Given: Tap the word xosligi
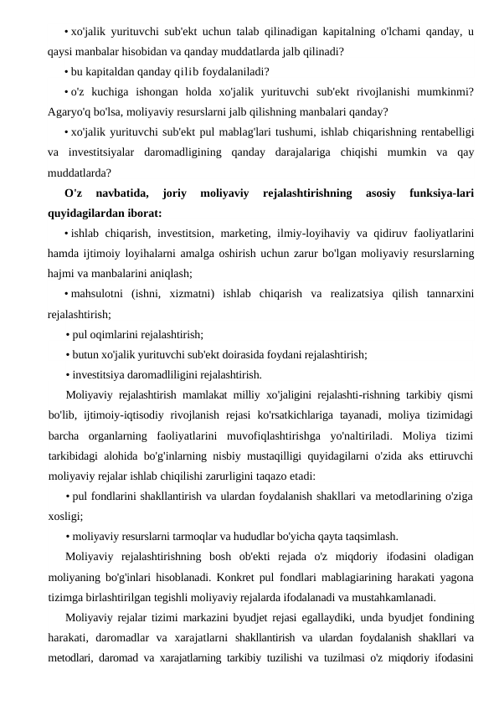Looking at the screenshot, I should (x=64, y=517).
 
